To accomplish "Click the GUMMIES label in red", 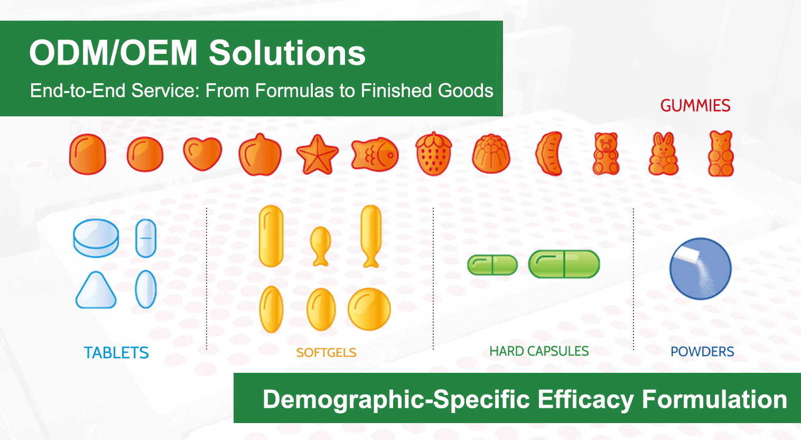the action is click(x=695, y=106).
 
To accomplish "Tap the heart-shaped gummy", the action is click(x=202, y=153).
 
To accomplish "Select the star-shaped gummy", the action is click(x=317, y=154).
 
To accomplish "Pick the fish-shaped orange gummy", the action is click(x=375, y=154).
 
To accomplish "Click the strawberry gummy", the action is click(x=433, y=153).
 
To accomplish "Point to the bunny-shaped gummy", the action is click(x=663, y=153).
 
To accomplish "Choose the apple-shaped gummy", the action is click(x=260, y=154).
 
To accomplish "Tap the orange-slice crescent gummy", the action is click(x=549, y=153).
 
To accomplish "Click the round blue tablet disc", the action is click(x=96, y=238).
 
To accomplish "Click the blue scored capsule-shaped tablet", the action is click(x=146, y=238).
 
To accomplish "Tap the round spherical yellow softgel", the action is click(x=369, y=309).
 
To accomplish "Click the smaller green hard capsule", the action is click(x=492, y=265).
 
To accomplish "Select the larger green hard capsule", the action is click(x=564, y=264).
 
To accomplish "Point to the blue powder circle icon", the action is click(x=701, y=269).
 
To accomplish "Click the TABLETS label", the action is click(x=116, y=353).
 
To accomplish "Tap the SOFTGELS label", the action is click(x=326, y=353).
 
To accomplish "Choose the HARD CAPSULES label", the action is click(x=539, y=351).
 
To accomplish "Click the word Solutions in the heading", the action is click(x=287, y=53).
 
